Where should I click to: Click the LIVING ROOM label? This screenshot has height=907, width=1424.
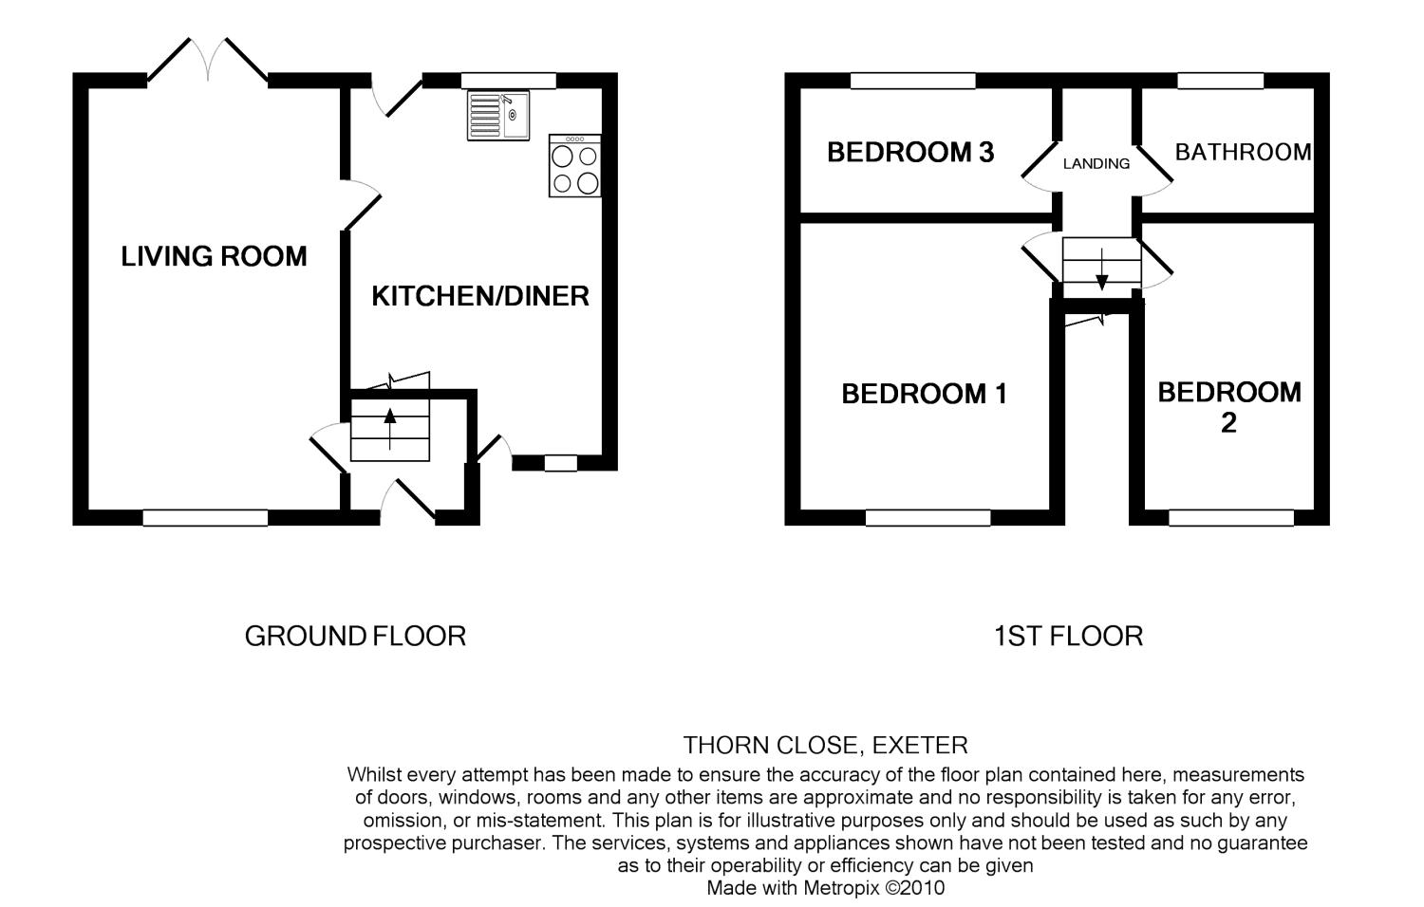(x=214, y=256)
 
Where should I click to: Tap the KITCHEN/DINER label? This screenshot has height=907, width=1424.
(x=480, y=297)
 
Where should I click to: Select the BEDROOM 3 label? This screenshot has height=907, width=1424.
(x=910, y=153)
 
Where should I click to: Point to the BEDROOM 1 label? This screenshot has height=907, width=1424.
(x=925, y=395)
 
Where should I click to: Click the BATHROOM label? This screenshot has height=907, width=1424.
(x=1243, y=153)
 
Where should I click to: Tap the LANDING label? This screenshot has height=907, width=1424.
(x=1096, y=164)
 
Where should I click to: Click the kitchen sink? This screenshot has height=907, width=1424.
(x=498, y=116)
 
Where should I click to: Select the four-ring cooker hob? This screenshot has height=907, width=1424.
(x=574, y=166)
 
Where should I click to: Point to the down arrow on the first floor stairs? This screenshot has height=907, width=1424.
(x=1101, y=269)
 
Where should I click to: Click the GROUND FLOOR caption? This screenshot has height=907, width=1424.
(x=355, y=637)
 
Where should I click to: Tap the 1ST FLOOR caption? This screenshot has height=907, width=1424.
(x=1068, y=637)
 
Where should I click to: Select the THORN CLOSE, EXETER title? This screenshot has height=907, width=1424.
(x=825, y=745)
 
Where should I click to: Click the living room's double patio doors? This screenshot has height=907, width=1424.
(x=208, y=62)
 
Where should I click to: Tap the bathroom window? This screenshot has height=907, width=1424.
(x=1221, y=81)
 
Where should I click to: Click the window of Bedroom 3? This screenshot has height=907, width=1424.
(x=913, y=81)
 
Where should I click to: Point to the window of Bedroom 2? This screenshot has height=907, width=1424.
(x=1231, y=518)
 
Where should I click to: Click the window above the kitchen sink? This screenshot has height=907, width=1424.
(x=509, y=81)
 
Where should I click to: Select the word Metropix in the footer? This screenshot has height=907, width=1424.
(x=842, y=888)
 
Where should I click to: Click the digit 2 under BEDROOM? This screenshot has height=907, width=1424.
(x=1228, y=423)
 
